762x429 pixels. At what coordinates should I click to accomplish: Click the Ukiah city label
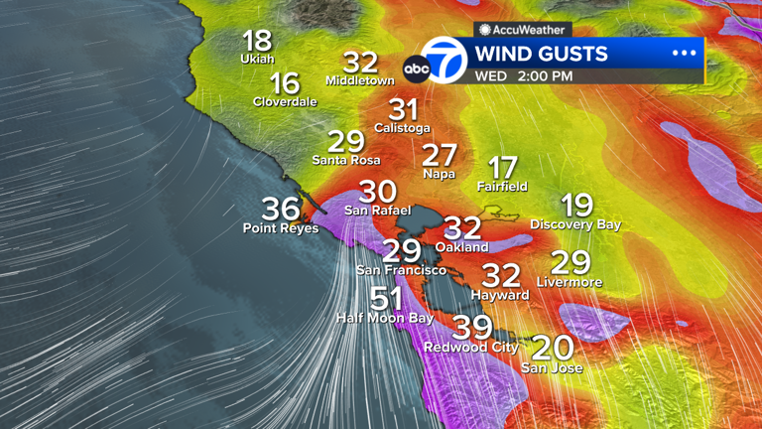coord(257,59)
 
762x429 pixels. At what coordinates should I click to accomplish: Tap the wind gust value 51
coord(386,298)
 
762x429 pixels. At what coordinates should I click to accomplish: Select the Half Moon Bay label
coord(385,318)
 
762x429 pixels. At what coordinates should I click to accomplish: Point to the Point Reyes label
coord(281,228)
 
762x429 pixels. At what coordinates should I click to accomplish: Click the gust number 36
coord(281,209)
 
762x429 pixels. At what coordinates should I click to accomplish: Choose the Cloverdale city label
coord(285,101)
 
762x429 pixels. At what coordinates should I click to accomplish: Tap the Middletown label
coord(360,79)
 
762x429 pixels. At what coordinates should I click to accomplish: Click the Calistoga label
coord(402,127)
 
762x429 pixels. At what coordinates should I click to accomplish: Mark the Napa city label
coord(439,174)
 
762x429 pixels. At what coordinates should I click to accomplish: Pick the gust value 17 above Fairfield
coord(502,167)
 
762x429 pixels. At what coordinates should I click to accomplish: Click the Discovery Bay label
coord(575,224)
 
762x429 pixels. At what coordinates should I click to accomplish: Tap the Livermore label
coord(570,282)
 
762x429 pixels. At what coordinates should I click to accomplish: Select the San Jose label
coord(552,368)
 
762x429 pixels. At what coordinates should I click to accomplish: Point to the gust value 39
coord(472,327)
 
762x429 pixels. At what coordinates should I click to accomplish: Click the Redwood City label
coord(471,347)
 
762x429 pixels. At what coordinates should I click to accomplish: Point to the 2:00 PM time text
coord(545,75)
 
